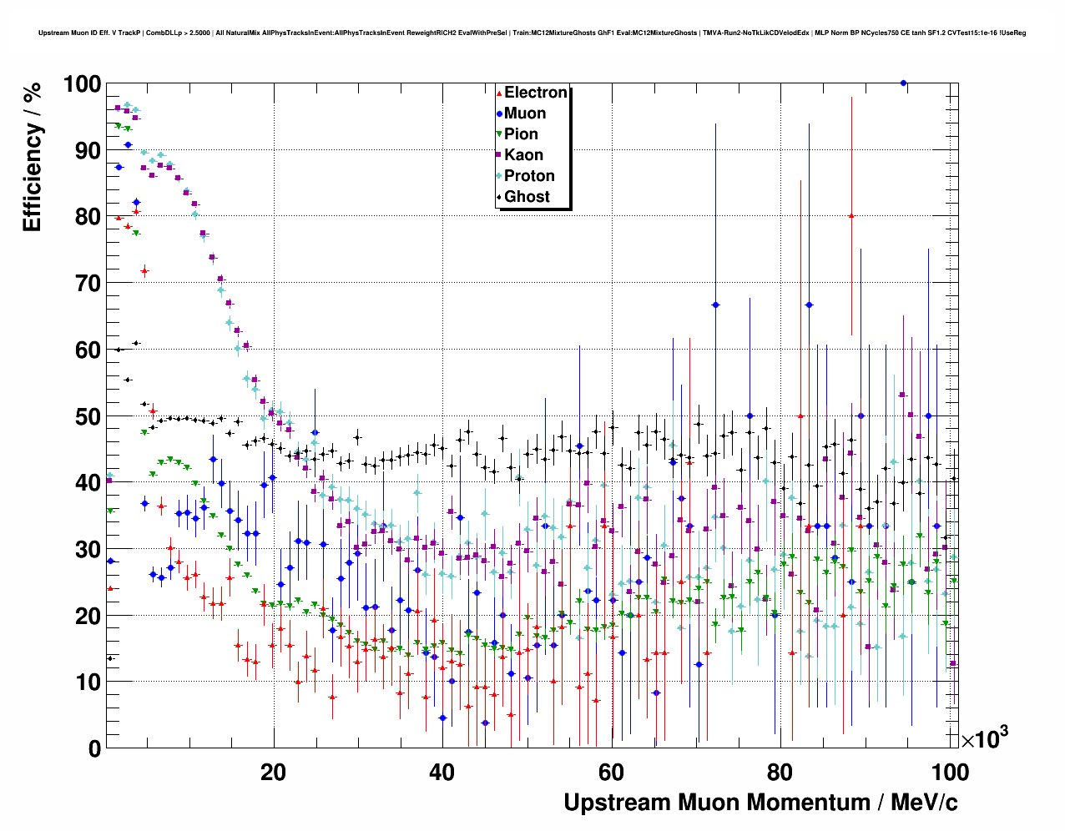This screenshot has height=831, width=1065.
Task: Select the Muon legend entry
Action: click(x=524, y=113)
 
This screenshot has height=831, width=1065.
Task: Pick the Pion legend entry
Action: click(x=521, y=134)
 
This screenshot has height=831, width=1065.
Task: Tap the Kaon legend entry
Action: click(x=523, y=155)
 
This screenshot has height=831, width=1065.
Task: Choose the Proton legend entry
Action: click(x=529, y=176)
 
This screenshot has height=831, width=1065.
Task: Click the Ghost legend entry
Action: click(x=527, y=197)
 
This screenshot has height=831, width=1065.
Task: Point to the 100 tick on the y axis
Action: click(x=82, y=84)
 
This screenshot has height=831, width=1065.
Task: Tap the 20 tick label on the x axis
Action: click(x=273, y=773)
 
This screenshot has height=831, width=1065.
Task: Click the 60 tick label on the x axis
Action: click(x=612, y=773)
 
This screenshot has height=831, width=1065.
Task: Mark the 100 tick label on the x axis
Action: click(x=950, y=773)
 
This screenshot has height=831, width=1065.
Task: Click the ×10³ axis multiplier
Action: click(x=984, y=738)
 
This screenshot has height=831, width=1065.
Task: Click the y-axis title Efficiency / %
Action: click(x=33, y=156)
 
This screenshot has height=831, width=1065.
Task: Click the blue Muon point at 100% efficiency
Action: click(x=903, y=83)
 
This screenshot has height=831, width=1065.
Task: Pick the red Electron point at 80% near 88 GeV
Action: click(x=851, y=215)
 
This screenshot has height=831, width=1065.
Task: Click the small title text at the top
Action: click(x=532, y=33)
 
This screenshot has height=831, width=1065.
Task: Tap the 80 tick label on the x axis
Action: click(x=780, y=773)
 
